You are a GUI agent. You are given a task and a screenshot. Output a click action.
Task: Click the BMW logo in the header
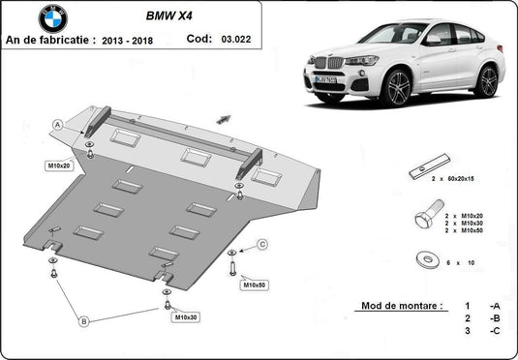[53, 16]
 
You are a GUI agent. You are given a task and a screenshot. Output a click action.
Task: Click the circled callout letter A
[57, 125]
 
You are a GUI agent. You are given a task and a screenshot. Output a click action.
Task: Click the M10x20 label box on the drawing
[59, 165]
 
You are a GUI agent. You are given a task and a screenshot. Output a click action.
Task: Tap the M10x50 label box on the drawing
[254, 286]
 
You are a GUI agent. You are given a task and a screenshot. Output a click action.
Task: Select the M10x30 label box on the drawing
[185, 316]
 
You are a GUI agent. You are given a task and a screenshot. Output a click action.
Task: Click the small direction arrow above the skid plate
[226, 118]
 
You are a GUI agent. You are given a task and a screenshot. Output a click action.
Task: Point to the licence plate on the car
[325, 79]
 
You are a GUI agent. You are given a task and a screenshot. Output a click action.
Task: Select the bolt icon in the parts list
[428, 214]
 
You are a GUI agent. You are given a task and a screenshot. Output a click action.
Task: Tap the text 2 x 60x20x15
[458, 179]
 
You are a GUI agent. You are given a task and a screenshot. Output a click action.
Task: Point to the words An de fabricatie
[50, 42]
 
